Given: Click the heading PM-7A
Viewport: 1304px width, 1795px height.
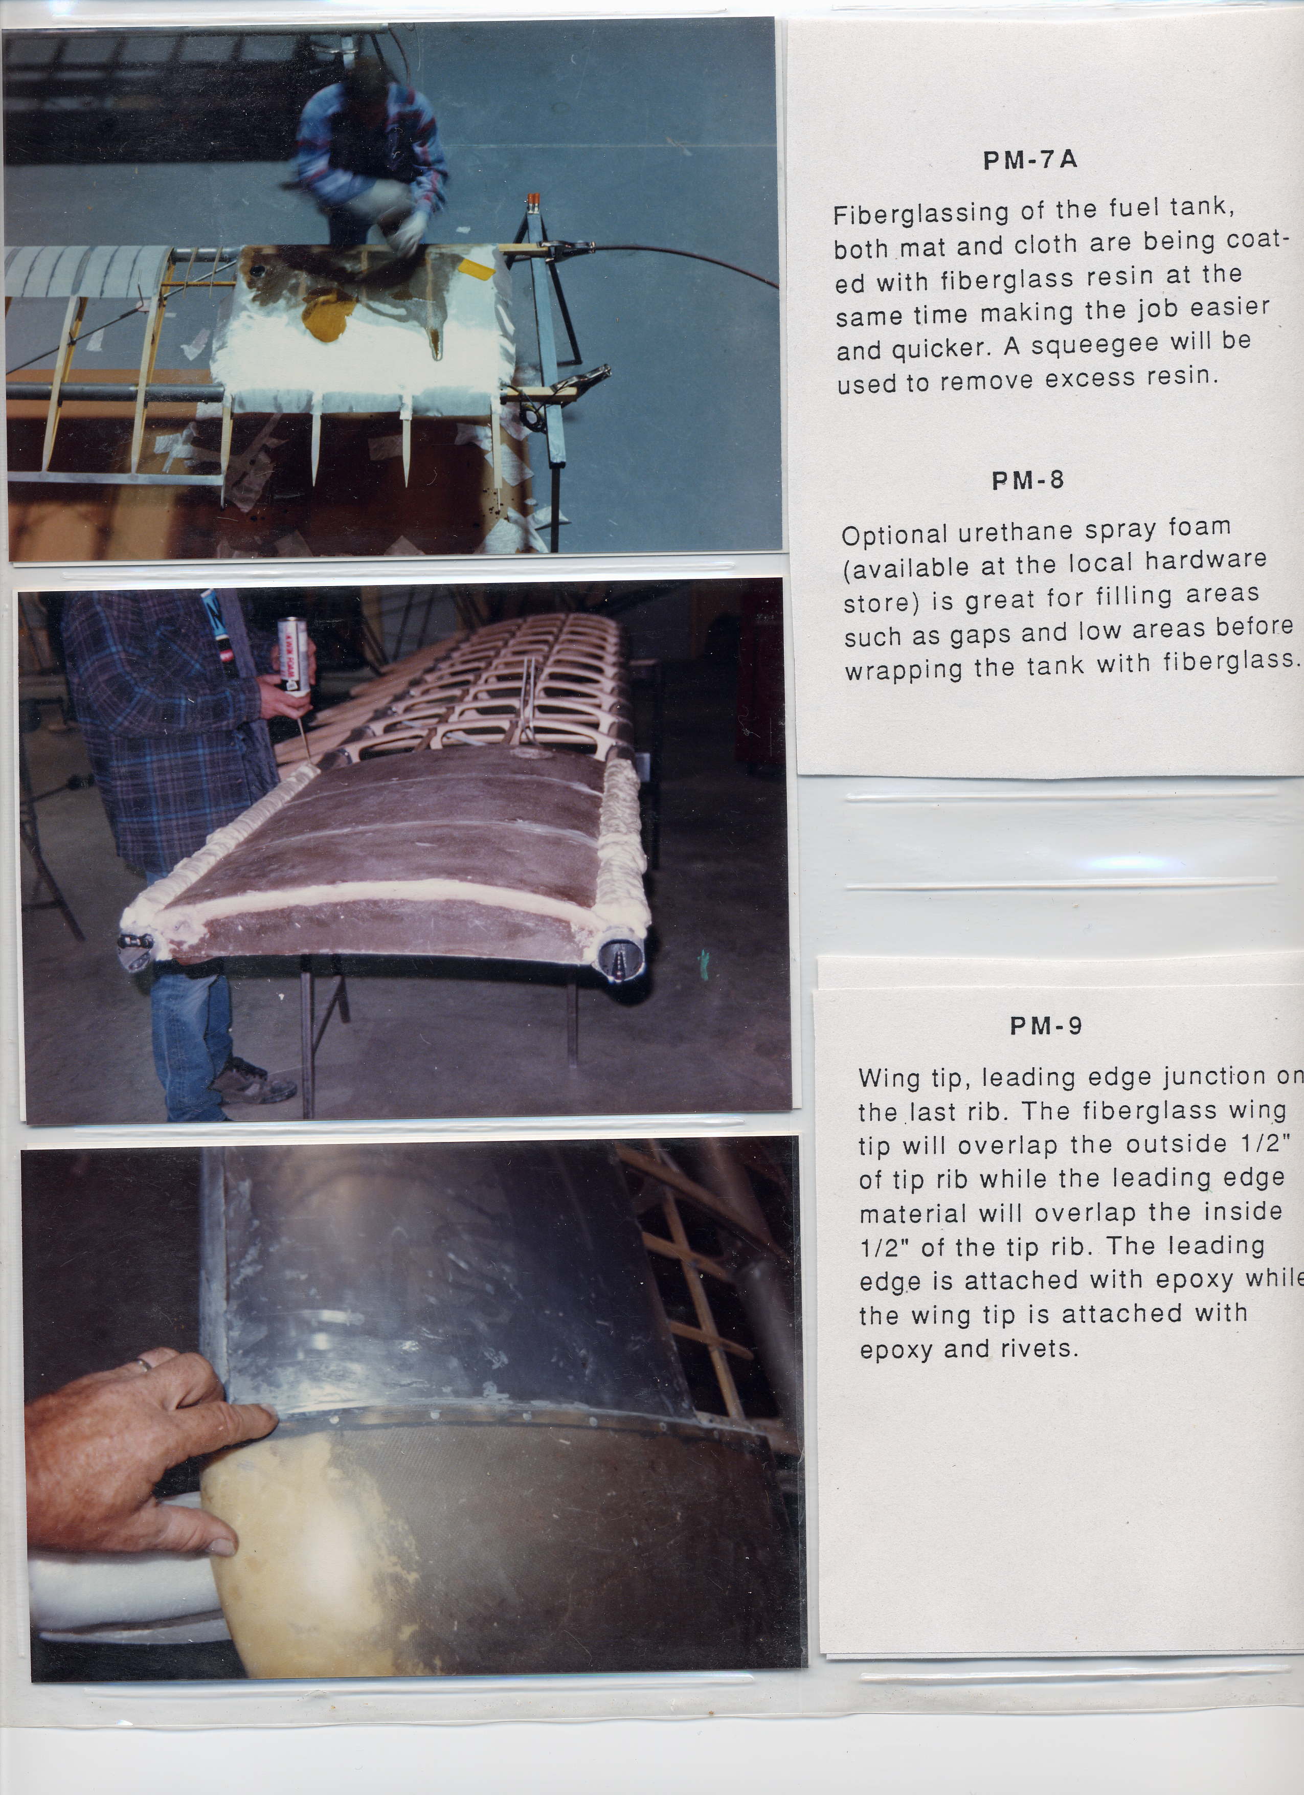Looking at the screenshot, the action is pos(1029,161).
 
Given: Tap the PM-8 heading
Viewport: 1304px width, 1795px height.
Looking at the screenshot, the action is pos(1028,480).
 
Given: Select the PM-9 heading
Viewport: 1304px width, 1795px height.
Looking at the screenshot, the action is pos(1046,1026).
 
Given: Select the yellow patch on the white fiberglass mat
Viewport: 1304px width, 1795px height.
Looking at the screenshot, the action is pos(330,312).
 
